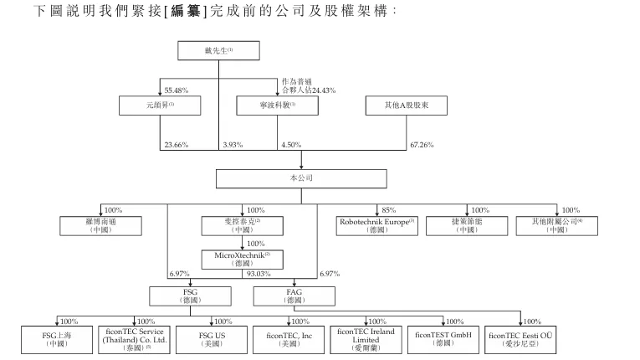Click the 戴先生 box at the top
point(218,51)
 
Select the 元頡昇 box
point(160,105)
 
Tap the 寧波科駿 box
point(277,105)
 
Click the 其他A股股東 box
point(406,105)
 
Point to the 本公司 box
point(301,178)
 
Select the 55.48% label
point(177,90)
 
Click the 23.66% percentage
point(177,145)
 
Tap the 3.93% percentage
point(233,145)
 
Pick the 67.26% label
point(422,145)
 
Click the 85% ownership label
point(388,210)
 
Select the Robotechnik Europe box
point(377,226)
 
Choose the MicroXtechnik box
point(243,260)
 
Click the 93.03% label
point(259,274)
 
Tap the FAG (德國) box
point(294,296)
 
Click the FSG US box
point(212,340)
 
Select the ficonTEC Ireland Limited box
point(366,340)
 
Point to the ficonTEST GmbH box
point(443,340)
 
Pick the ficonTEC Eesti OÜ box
point(520,340)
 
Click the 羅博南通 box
point(101,226)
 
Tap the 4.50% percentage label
point(291,145)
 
